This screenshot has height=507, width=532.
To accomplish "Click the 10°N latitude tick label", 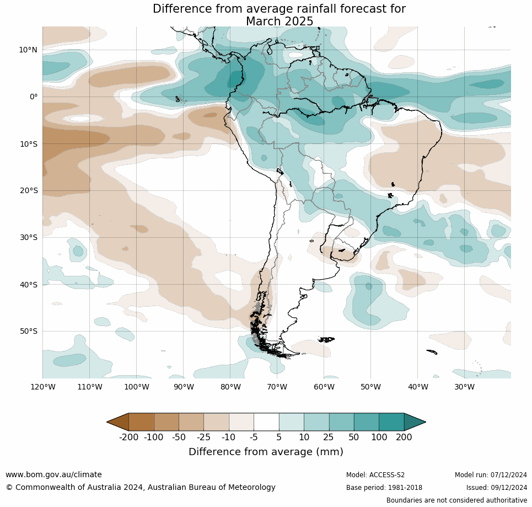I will click(28, 50).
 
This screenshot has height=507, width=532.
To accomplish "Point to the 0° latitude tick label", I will click(33, 97).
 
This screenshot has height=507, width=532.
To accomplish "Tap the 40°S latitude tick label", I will click(28, 285).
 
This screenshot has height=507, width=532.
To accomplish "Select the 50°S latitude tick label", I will click(28, 332).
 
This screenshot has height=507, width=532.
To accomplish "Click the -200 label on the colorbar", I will click(128, 437).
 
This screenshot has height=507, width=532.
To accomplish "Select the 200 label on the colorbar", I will click(404, 437).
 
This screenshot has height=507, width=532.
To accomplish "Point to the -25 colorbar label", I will click(204, 437).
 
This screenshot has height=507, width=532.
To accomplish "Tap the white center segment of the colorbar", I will click(266, 422).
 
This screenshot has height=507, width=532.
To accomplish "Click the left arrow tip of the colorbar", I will click(108, 422).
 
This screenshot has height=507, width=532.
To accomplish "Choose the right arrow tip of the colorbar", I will click(424, 422).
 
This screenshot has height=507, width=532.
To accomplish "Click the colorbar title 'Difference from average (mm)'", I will click(266, 452).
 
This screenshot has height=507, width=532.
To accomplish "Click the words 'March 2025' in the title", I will click(280, 22).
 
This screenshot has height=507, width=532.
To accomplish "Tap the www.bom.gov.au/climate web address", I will click(53, 474).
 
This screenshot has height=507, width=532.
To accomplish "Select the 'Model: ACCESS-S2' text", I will click(375, 475).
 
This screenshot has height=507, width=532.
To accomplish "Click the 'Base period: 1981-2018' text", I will click(384, 488).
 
